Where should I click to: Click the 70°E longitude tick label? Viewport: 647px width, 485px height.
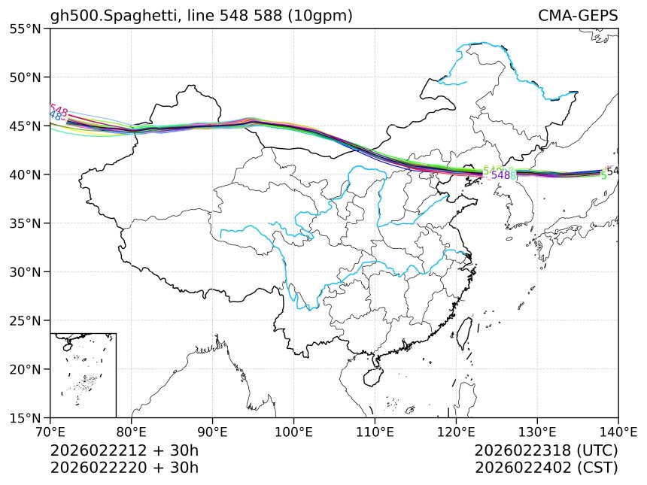[x=50, y=432]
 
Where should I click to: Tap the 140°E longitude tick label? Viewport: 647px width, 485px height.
[x=618, y=432]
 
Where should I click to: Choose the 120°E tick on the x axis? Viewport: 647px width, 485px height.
[x=456, y=432]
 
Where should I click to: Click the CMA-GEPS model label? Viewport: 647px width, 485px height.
[x=578, y=16]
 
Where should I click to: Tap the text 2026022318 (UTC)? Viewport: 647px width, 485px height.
[x=546, y=450]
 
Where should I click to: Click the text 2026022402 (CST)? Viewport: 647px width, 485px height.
[x=546, y=467]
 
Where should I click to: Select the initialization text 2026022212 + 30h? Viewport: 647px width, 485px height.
[x=124, y=450]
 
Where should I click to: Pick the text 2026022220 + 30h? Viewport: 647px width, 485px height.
[x=124, y=467]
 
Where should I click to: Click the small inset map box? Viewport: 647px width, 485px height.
[x=83, y=374]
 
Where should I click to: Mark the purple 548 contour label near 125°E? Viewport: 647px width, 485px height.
[x=500, y=175]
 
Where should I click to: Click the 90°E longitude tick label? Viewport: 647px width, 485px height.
[x=213, y=432]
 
